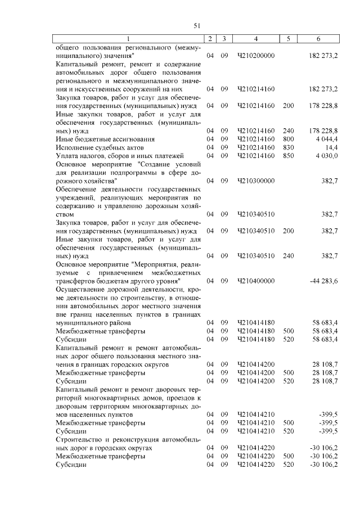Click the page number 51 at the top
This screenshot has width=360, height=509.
click(x=197, y=25)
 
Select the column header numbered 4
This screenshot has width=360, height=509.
click(x=256, y=39)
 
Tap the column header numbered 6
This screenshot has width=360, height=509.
click(x=318, y=39)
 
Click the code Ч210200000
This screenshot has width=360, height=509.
click(x=256, y=57)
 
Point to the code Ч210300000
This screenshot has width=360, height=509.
click(x=256, y=181)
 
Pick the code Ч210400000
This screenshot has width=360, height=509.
click(x=256, y=281)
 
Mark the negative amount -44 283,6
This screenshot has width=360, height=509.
click(x=323, y=281)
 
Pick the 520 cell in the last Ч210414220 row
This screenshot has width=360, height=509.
click(x=288, y=465)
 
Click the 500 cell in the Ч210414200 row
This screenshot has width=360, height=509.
click(x=288, y=373)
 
